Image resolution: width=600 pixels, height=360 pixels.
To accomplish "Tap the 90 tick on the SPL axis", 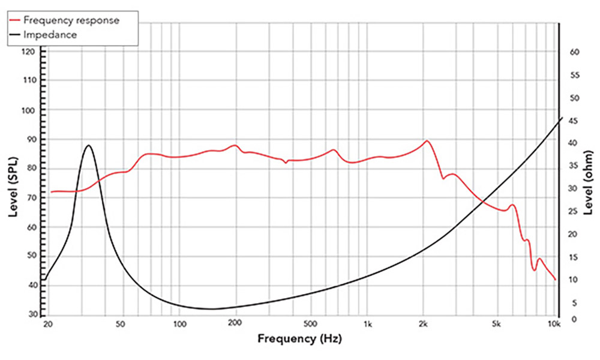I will (x=34, y=140).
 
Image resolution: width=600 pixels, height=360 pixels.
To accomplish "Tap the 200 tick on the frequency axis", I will (x=235, y=325).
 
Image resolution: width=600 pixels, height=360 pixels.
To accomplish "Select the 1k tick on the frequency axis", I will (x=368, y=325).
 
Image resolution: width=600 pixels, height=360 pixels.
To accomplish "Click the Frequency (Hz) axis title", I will (x=299, y=339).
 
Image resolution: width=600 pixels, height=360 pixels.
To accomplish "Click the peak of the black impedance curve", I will (x=89, y=145).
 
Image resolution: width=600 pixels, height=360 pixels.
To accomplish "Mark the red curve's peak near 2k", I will (x=427, y=141).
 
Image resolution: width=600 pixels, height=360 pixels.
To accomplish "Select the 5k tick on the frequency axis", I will (x=497, y=325).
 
